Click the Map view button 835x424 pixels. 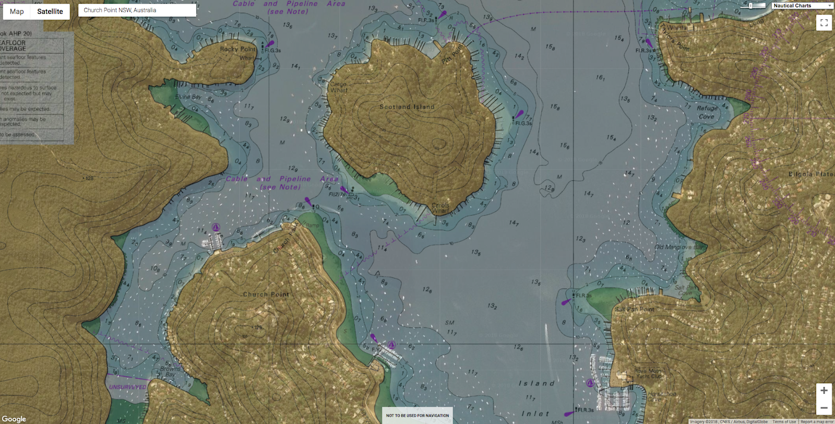[x=17, y=11]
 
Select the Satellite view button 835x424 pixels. [x=50, y=11]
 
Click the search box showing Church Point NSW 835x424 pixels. [x=137, y=10]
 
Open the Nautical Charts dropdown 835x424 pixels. [x=802, y=6]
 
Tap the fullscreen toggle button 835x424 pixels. [x=824, y=22]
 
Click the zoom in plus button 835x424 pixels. [x=824, y=391]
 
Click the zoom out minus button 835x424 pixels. [x=824, y=408]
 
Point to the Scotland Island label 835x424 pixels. [x=407, y=107]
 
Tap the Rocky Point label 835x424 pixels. [x=238, y=49]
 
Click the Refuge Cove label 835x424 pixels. [x=707, y=112]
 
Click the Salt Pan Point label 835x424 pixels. [x=634, y=309]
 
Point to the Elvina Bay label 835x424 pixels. [x=188, y=97]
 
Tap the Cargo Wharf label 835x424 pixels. [x=338, y=87]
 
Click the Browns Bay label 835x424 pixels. [x=170, y=372]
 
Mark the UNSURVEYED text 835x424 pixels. [x=127, y=387]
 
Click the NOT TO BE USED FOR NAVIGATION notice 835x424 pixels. [x=417, y=416]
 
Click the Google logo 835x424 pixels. [x=14, y=419]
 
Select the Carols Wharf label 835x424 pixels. [x=440, y=208]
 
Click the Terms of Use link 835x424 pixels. [x=784, y=421]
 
